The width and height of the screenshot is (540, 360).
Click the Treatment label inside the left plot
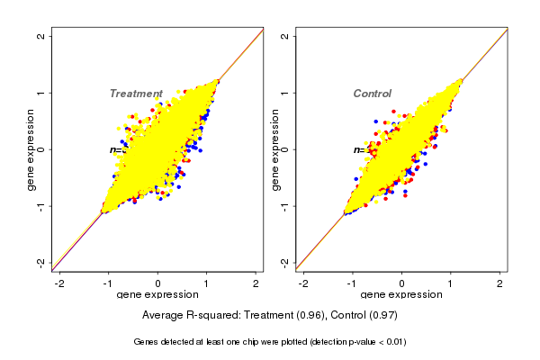tap(136, 94)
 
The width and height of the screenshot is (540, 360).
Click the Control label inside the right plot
tap(372, 94)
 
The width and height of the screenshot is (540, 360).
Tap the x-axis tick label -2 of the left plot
tap(59, 283)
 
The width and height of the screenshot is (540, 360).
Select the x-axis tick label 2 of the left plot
tap(256, 283)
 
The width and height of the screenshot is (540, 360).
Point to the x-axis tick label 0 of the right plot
tap(402, 283)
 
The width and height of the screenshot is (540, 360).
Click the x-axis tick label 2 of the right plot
tap(499, 283)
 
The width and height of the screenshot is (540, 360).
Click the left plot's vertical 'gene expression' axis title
tap(31, 149)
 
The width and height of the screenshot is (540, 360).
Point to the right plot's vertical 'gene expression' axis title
tap(274, 149)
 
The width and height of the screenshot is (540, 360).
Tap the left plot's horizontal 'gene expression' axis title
tap(157, 295)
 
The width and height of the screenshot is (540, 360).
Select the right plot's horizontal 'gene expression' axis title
tap(401, 295)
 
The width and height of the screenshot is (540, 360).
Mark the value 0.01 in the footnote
tap(392, 342)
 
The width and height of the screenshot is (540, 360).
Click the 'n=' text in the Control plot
tap(358, 149)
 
